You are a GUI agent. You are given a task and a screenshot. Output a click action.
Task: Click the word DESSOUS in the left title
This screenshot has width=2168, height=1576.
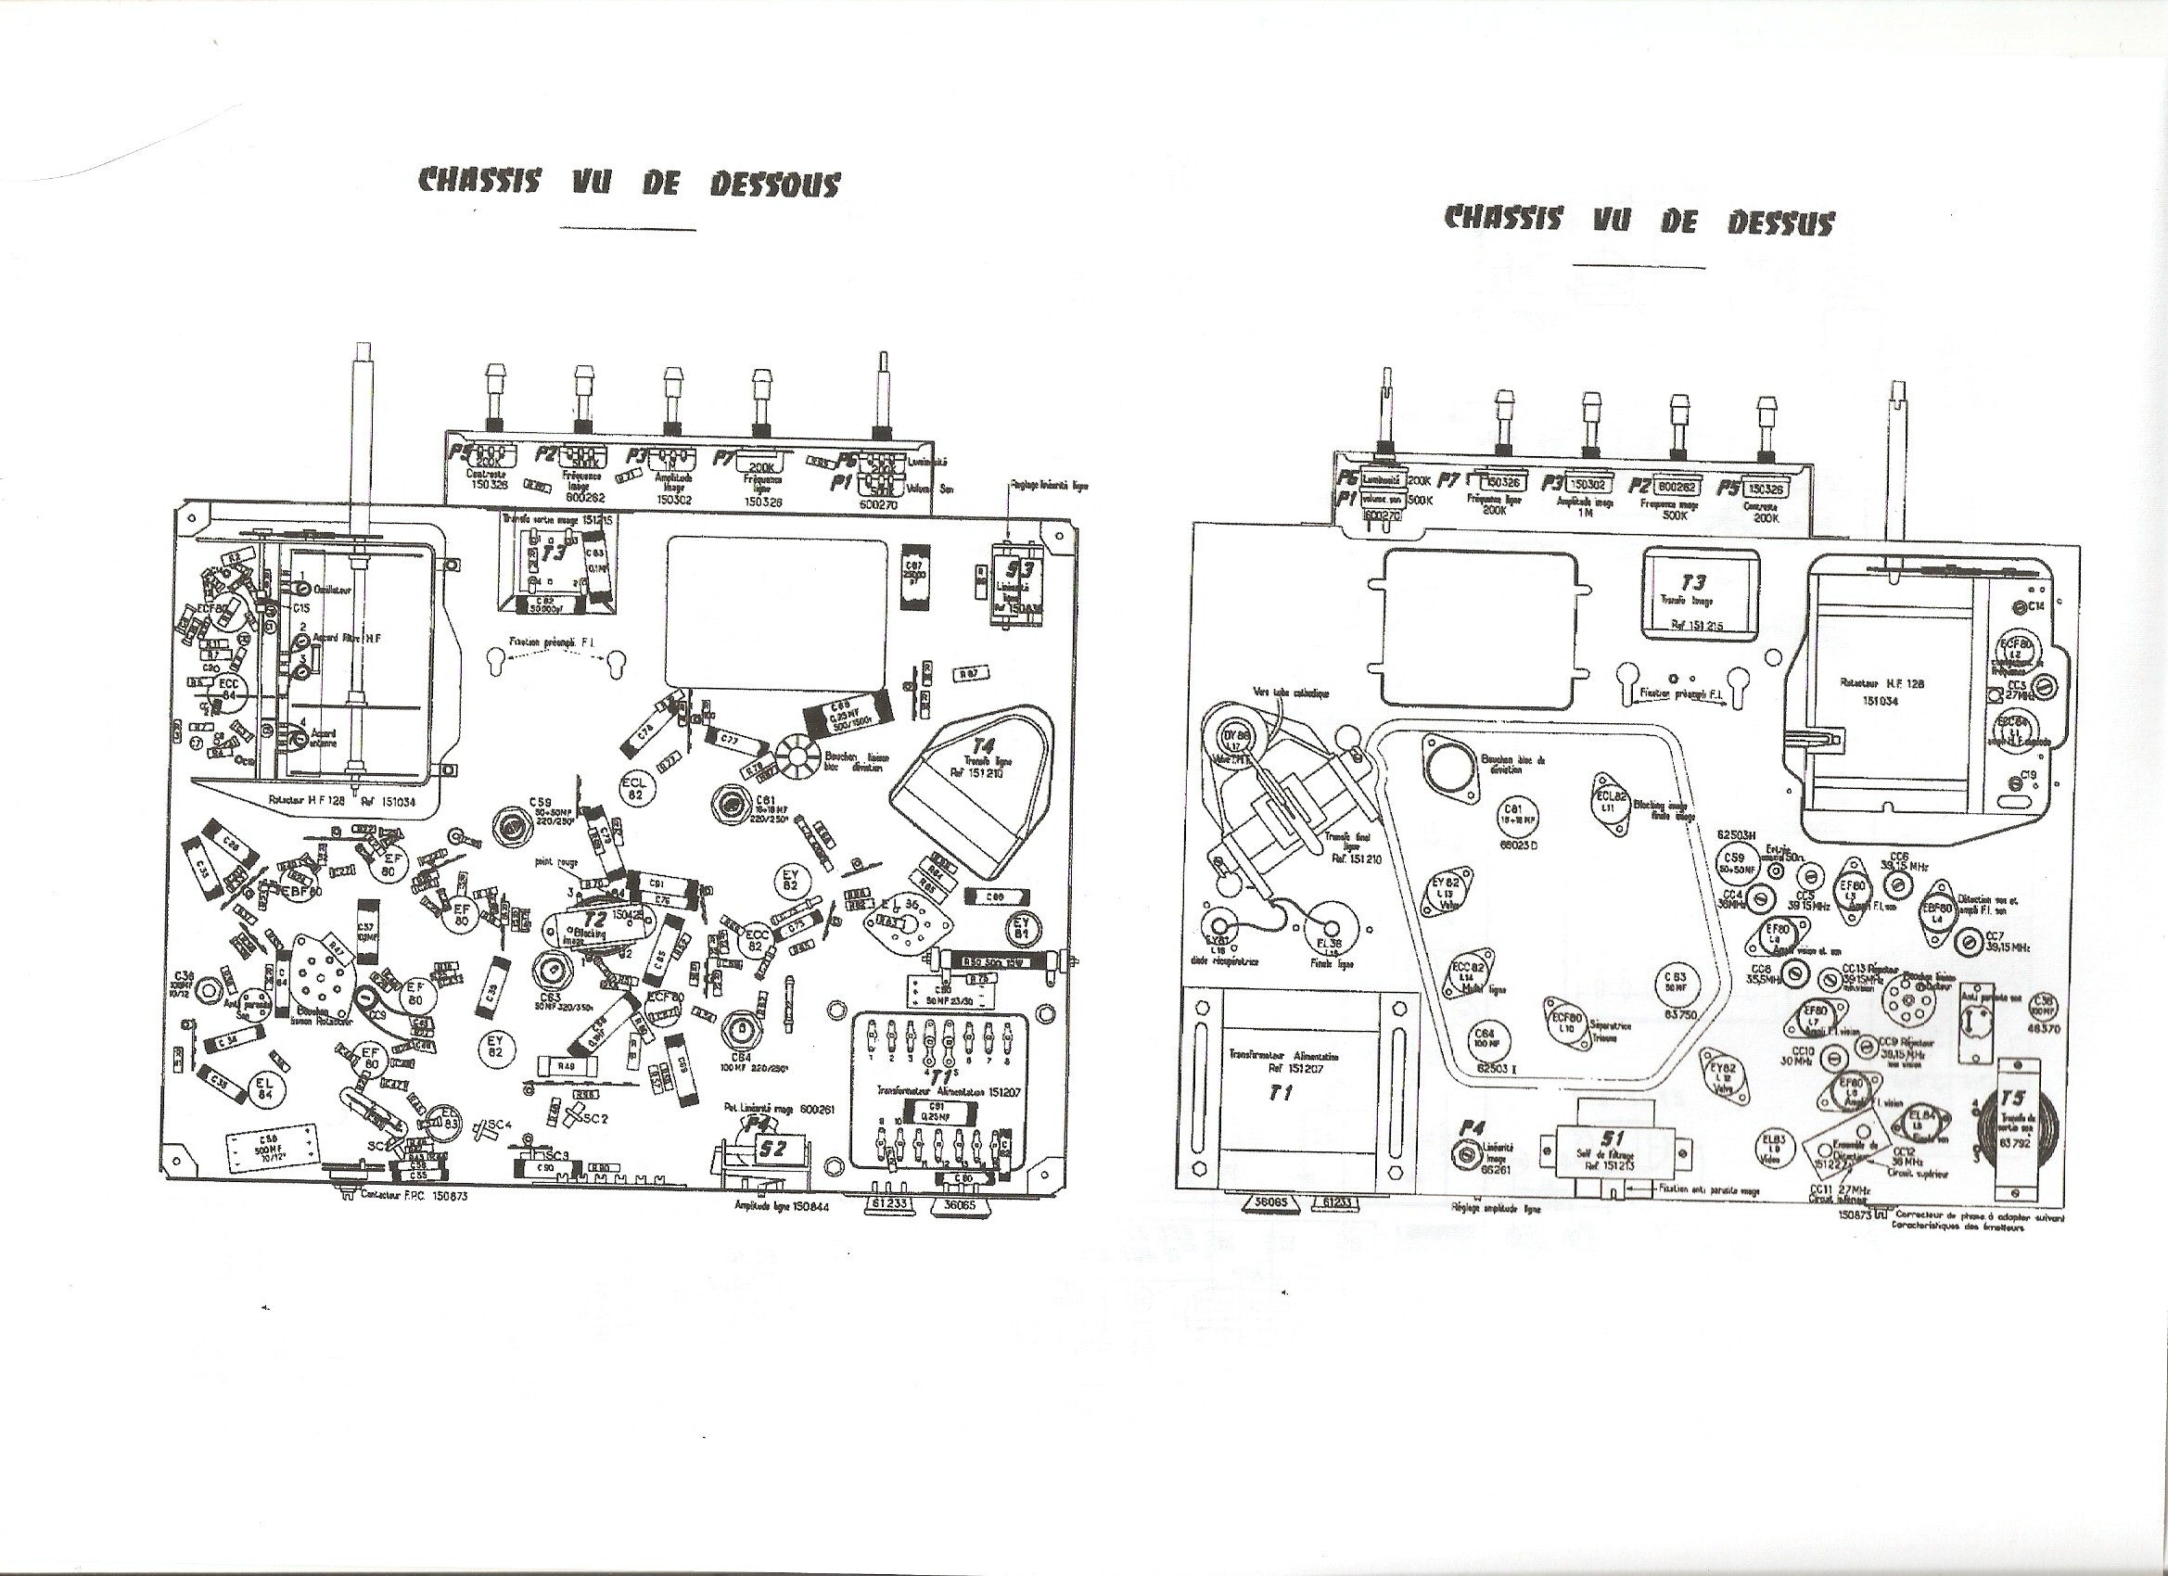(774, 184)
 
